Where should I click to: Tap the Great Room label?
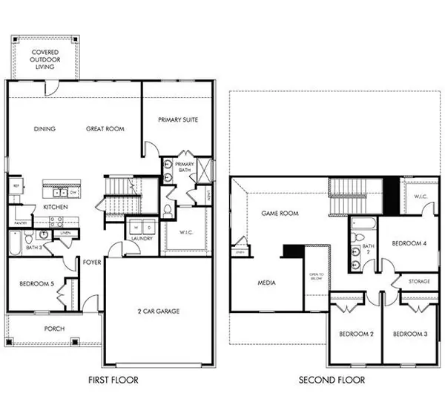coord(105,128)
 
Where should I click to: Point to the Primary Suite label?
coord(178,119)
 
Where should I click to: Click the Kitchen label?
coord(56,207)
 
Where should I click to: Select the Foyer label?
coord(92,261)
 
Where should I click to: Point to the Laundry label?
coord(140,239)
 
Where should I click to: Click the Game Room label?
coord(280,212)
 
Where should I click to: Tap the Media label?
coord(266,283)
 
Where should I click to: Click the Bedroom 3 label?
coord(410,334)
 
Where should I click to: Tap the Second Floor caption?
coord(332,380)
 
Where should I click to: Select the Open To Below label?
coord(317,277)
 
